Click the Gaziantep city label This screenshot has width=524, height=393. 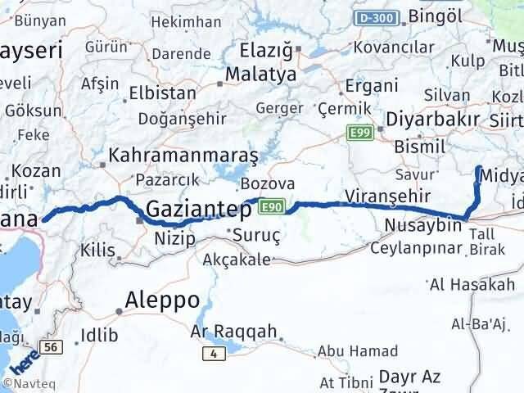coord(199,210)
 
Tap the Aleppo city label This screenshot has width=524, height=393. coord(163,300)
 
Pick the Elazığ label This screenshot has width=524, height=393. coord(265,52)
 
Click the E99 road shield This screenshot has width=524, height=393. coord(358,133)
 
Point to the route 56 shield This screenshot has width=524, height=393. coord(52,348)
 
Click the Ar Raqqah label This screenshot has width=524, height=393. coord(233,332)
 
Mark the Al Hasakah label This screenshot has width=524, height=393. coord(472,285)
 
